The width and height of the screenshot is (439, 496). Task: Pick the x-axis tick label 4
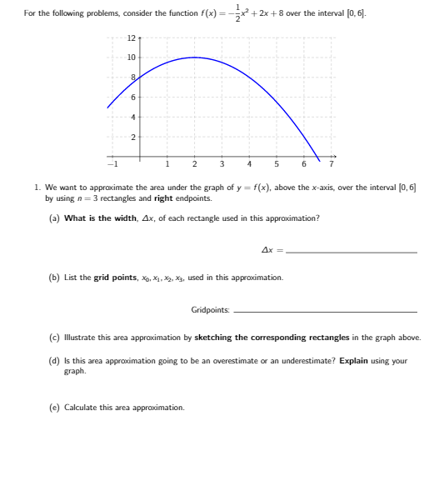point(249,163)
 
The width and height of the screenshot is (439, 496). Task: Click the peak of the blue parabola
point(194,58)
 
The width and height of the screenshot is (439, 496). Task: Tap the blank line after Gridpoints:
point(326,312)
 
